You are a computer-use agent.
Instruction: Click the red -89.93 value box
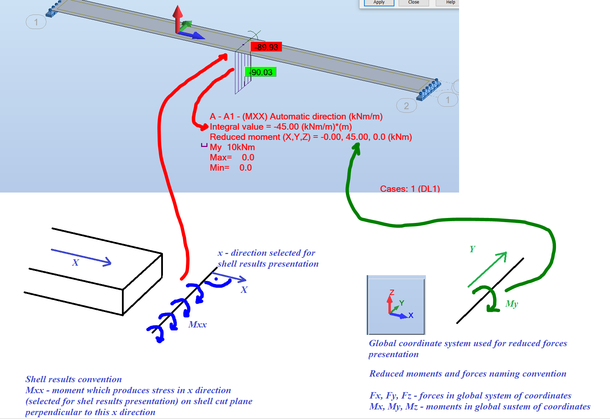tap(266, 47)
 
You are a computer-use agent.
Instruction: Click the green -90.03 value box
tap(260, 72)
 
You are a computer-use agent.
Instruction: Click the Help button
tap(448, 2)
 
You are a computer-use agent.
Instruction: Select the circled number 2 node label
tap(406, 106)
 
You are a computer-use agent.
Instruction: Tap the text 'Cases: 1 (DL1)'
tap(410, 189)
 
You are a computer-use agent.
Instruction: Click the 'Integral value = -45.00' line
tap(281, 127)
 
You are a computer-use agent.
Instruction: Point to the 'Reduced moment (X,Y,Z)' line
tap(311, 137)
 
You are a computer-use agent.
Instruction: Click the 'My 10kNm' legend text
tap(232, 147)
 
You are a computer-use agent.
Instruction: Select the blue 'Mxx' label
tap(198, 324)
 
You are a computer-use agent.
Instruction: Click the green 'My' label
tap(512, 304)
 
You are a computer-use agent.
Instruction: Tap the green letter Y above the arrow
tap(473, 249)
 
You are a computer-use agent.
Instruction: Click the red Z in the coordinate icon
tap(392, 293)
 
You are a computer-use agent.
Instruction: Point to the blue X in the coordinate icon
tap(411, 315)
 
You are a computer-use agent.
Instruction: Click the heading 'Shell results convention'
tap(74, 379)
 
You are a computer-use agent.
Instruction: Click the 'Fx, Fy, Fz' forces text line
tap(470, 396)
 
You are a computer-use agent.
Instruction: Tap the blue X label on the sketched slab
tap(75, 262)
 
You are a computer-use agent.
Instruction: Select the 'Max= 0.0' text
tap(232, 158)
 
